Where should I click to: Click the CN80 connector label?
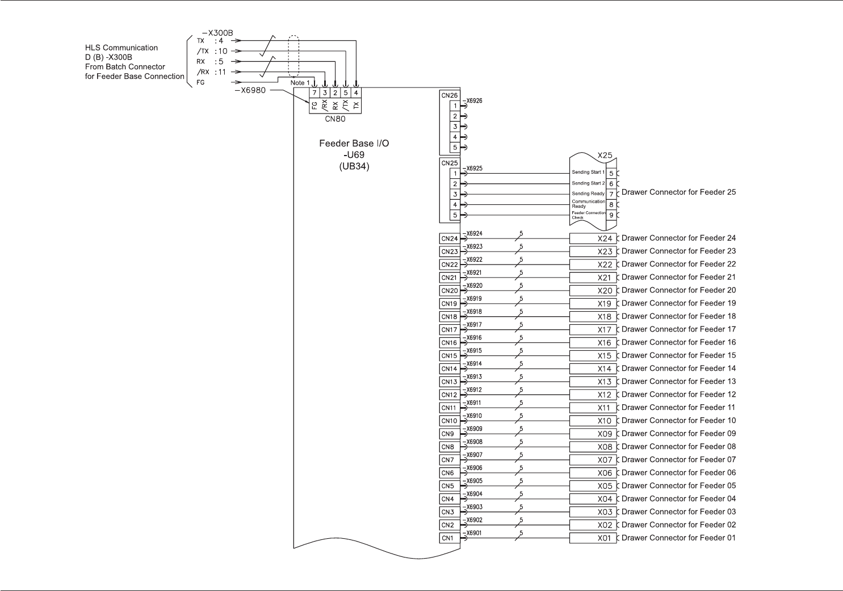[335, 119]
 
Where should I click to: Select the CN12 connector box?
[449, 395]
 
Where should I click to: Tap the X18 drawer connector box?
[593, 317]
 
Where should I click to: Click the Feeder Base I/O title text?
[354, 144]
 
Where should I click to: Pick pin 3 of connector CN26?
[455, 127]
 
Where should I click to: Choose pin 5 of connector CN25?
[455, 215]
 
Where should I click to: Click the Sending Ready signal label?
[588, 194]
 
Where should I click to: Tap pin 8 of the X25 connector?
[611, 204]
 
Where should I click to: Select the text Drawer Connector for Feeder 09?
[678, 434]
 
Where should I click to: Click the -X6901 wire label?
[473, 533]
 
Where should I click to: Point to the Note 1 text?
[300, 83]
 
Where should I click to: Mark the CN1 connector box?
[448, 538]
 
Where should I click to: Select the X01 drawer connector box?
[593, 538]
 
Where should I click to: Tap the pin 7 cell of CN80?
[314, 93]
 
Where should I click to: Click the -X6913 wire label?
[473, 377]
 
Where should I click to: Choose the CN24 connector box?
[449, 239]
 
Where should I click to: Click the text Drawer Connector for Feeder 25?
[678, 192]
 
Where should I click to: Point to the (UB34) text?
[354, 166]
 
